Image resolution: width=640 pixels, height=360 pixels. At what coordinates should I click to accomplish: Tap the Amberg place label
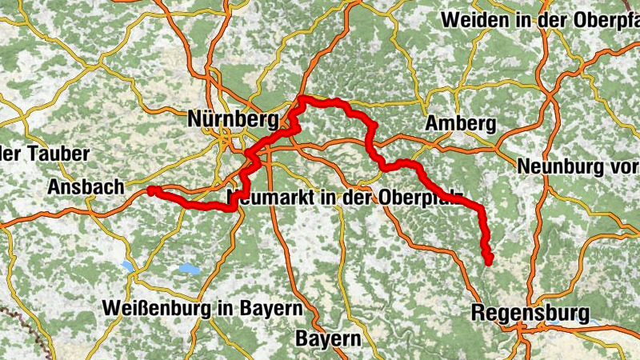pyautogui.click(x=461, y=124)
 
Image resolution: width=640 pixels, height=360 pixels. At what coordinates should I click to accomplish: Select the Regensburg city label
pyautogui.click(x=530, y=312)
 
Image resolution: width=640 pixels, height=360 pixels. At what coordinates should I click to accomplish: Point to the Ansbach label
pyautogui.click(x=86, y=186)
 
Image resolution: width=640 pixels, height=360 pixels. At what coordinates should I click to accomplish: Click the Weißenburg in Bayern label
pyautogui.click(x=202, y=308)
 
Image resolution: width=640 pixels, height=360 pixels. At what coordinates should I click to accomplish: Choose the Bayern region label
pyautogui.click(x=328, y=338)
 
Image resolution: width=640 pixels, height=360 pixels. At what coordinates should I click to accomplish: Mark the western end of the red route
pyautogui.click(x=150, y=190)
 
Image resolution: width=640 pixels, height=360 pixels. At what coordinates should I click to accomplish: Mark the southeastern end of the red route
pyautogui.click(x=489, y=259)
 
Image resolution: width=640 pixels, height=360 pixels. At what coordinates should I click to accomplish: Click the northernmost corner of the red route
pyautogui.click(x=302, y=99)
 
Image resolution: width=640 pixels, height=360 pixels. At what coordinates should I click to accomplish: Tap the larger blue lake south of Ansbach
pyautogui.click(x=191, y=270)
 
